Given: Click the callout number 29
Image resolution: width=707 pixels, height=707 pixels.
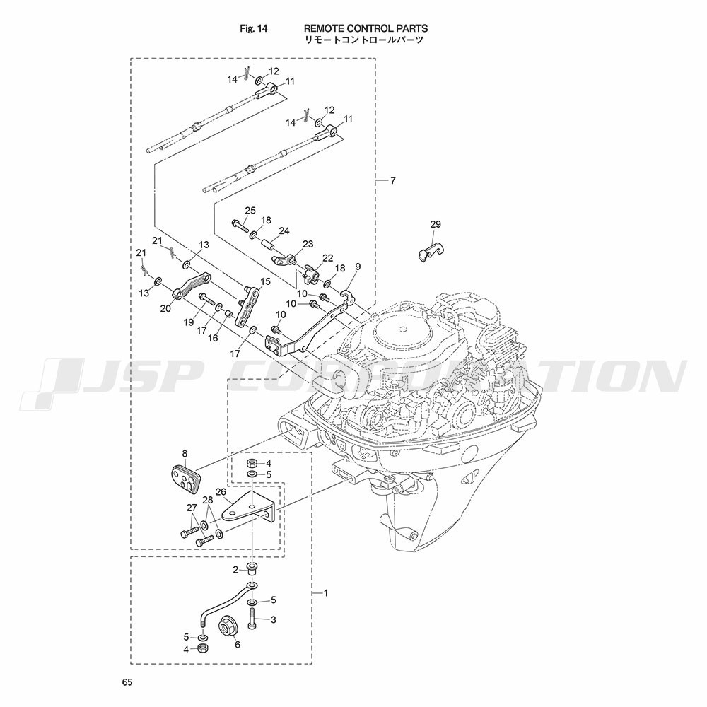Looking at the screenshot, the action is [435, 224].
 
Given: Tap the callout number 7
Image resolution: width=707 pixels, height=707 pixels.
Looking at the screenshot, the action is [392, 181].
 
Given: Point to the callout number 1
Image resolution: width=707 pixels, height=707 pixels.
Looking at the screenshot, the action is [325, 593].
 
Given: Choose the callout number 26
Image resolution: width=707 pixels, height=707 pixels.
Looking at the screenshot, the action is [221, 491].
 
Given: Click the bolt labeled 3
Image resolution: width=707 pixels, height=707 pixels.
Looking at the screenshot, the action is [252, 619].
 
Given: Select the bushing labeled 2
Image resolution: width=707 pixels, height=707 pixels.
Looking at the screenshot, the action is [252, 568].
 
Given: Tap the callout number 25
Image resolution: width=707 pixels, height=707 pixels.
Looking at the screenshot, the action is [250, 210].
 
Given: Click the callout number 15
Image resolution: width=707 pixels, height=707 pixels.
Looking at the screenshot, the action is [265, 282].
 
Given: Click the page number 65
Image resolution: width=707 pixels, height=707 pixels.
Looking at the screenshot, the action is [127, 682].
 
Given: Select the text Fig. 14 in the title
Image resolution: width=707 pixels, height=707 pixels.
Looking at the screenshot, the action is [253, 29].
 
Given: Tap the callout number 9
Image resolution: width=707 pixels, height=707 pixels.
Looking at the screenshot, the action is [358, 267].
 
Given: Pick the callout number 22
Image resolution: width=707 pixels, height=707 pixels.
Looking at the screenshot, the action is [328, 257].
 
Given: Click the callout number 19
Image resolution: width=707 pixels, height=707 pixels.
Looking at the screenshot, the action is [189, 322].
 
